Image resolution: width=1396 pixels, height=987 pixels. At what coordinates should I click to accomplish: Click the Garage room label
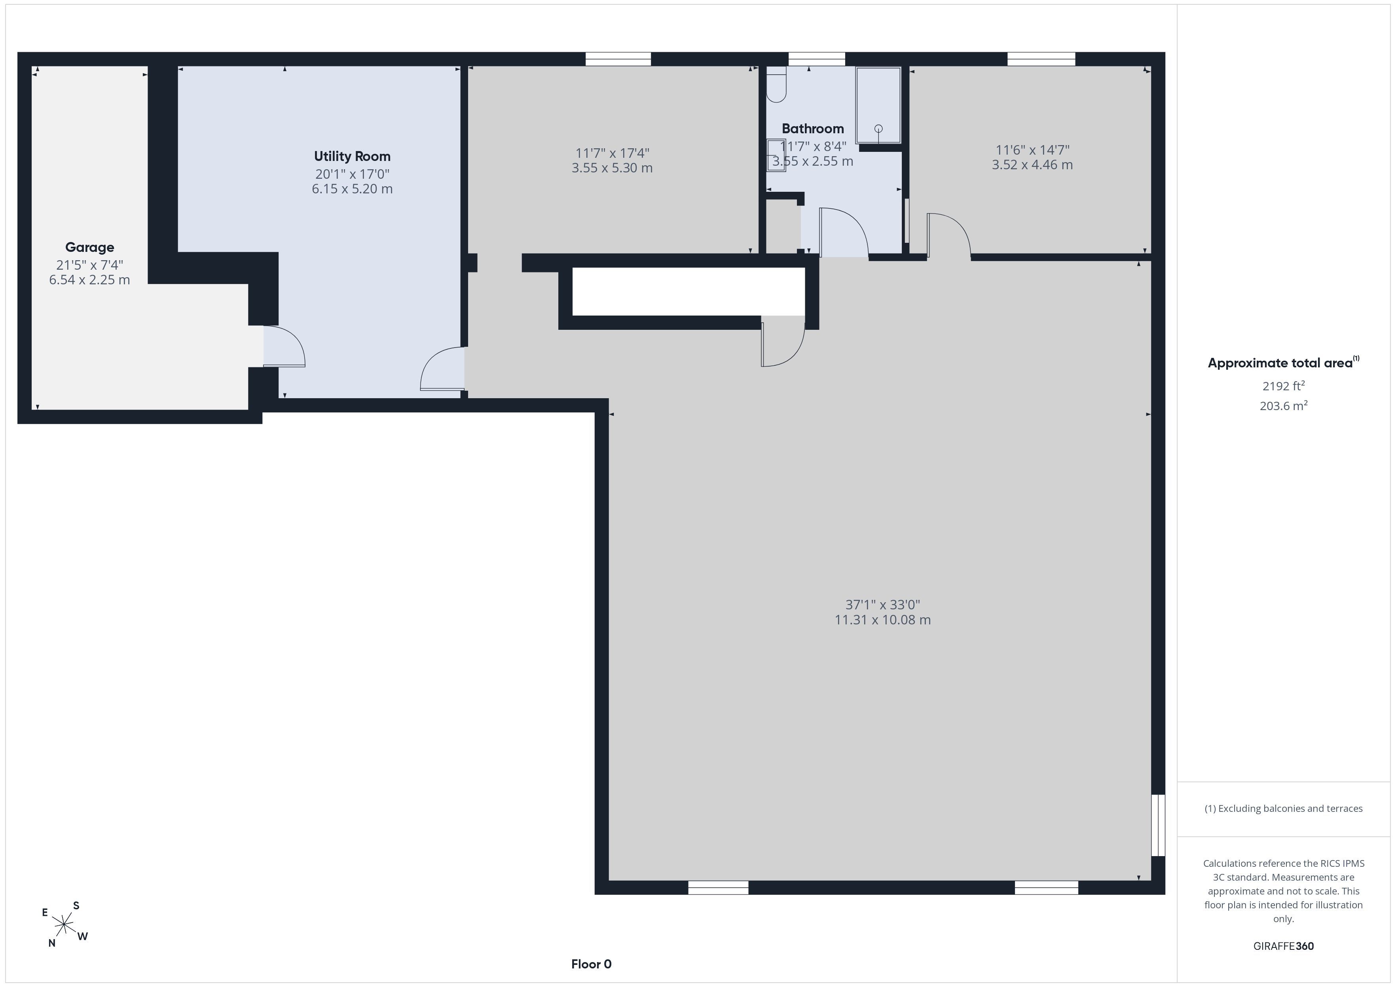pos(89,248)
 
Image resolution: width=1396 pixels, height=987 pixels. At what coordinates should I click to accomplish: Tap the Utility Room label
pos(352,156)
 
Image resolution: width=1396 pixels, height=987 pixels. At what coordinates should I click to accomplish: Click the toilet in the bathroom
pos(776,85)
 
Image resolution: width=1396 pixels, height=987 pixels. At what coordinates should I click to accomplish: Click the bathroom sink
pos(776,155)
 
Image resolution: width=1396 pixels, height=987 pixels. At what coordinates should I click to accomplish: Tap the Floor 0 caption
pos(591,964)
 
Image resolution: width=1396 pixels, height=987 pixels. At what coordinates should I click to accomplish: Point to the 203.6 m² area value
pos(1284,405)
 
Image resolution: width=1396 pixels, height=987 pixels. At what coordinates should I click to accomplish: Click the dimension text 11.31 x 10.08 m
pos(882,620)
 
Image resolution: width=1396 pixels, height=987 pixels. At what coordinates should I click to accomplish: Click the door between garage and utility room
pos(283,346)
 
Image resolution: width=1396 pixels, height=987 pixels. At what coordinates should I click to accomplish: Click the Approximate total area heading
pos(1284,363)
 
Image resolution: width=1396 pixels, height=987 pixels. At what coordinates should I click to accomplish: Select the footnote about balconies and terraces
pos(1284,808)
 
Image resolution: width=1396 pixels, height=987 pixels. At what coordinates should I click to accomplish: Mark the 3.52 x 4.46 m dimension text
pos(1032,165)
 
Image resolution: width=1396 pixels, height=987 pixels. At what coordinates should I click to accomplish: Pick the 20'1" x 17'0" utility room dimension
pos(352,174)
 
